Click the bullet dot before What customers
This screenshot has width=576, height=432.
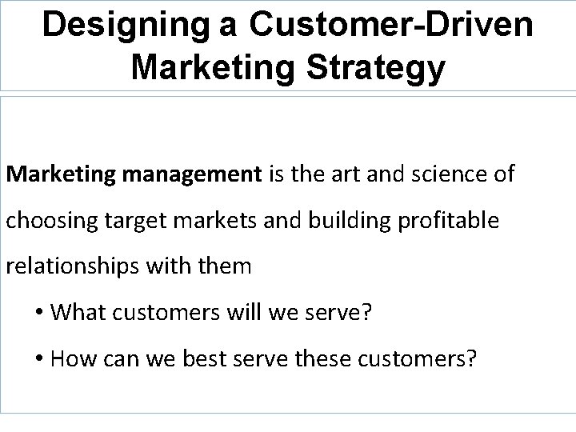pos(38,312)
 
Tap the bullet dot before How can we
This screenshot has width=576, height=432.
pos(38,358)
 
